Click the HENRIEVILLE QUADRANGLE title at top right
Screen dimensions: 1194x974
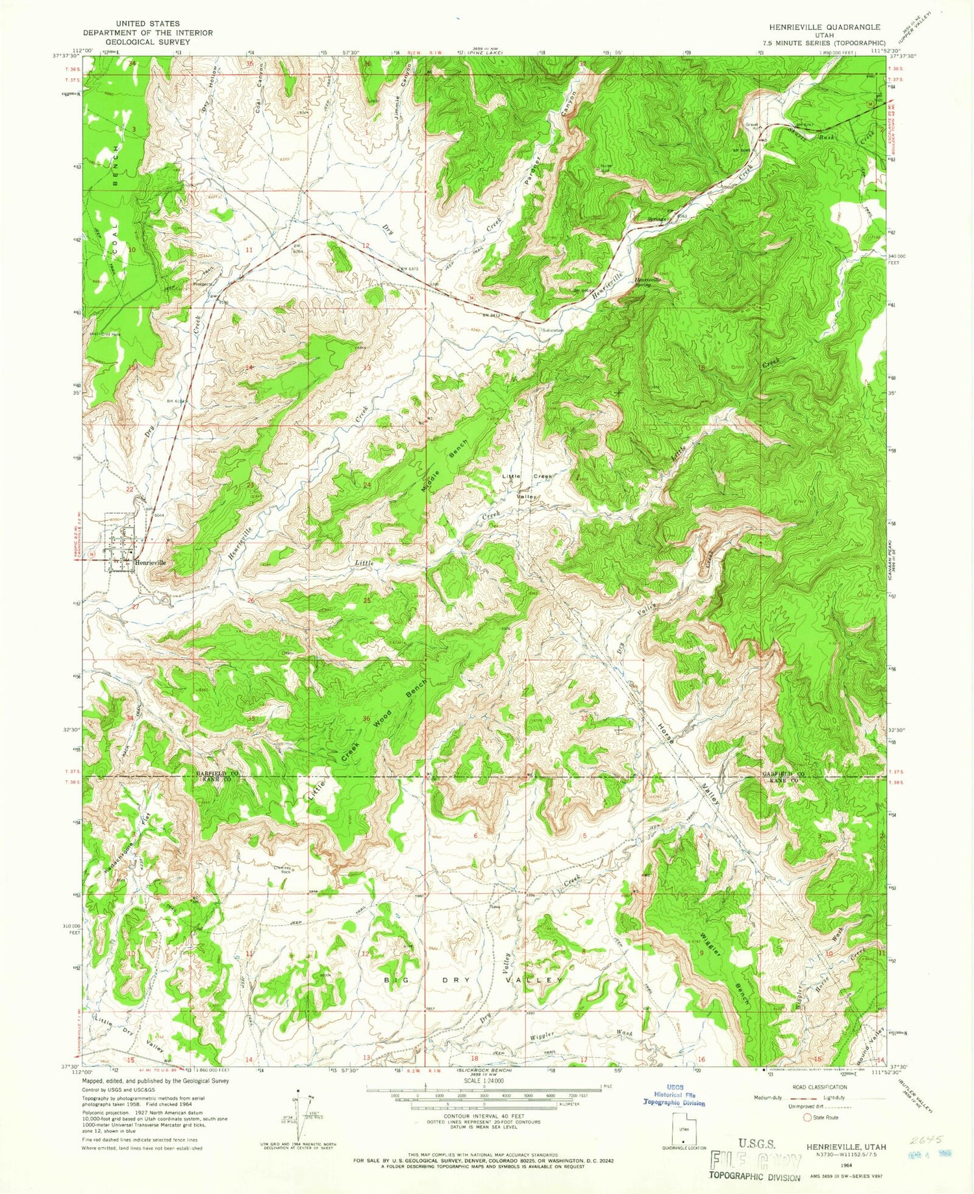click(x=823, y=27)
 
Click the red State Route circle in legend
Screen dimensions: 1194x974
click(x=808, y=1117)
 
